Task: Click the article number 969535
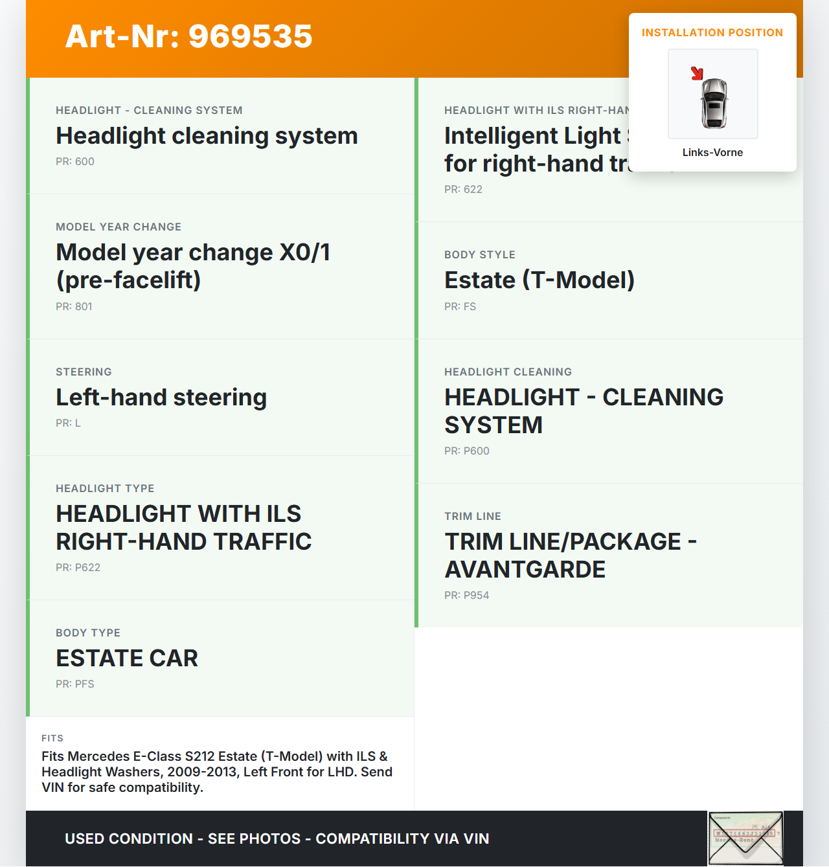250,36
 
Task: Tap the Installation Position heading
712,32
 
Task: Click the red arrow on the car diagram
697,73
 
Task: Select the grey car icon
714,104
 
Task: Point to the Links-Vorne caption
712,152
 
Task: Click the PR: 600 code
75,161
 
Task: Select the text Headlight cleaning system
207,136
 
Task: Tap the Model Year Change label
119,227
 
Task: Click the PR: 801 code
74,306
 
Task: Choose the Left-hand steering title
161,397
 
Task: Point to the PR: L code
68,423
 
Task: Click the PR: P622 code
78,567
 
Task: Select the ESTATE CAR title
127,658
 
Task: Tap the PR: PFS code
75,684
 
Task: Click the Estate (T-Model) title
539,280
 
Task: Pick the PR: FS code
460,306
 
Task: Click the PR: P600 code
466,451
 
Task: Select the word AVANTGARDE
525,570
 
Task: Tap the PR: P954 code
466,595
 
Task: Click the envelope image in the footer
745,838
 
